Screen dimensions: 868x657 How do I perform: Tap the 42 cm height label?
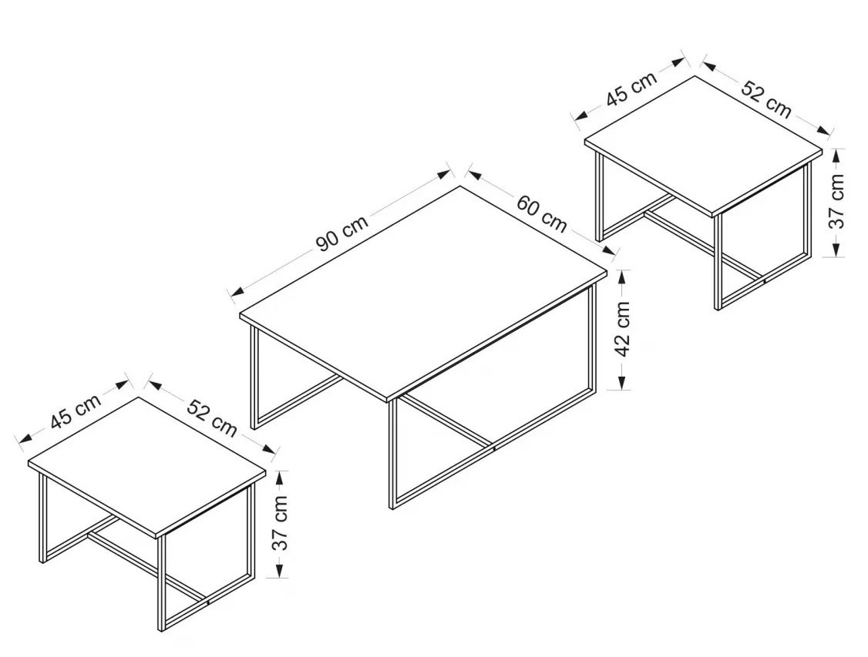(x=623, y=330)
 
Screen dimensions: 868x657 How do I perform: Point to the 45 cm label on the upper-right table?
(x=631, y=89)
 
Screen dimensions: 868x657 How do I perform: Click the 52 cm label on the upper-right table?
(x=767, y=99)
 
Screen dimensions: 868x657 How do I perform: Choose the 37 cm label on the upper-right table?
(x=836, y=201)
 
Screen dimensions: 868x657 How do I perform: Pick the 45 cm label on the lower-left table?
(x=76, y=411)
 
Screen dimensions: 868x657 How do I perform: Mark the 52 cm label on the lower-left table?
(x=212, y=418)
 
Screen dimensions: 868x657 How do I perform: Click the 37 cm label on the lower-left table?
(x=281, y=523)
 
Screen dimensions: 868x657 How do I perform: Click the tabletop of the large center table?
(x=423, y=292)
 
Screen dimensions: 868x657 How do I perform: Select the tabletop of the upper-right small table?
(x=704, y=146)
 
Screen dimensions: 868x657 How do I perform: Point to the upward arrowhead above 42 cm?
(x=621, y=277)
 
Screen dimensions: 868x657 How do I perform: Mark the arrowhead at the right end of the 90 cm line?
(x=443, y=173)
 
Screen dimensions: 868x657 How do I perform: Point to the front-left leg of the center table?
(x=392, y=454)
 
